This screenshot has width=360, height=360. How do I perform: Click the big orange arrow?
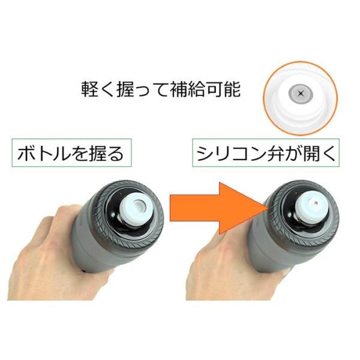[x=216, y=208]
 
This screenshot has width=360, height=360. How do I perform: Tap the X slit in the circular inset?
[x=301, y=94]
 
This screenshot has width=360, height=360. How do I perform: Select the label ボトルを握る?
[x=71, y=153]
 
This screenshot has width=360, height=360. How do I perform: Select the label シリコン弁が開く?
[x=266, y=153]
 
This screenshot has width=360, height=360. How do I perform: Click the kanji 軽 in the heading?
[x=90, y=89]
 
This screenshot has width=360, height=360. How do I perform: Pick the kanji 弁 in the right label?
[x=276, y=154]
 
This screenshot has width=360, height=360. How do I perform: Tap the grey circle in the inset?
[x=301, y=94]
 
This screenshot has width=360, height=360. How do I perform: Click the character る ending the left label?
[x=115, y=154]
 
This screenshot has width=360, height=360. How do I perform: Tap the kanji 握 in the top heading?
[x=125, y=89]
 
